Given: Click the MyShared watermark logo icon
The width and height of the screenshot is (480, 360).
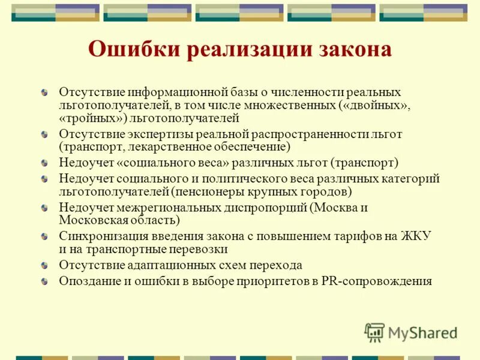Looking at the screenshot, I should point(375,332).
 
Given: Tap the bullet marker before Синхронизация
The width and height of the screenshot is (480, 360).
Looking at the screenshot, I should point(46,236).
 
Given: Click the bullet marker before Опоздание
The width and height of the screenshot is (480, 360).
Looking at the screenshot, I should point(46,281).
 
